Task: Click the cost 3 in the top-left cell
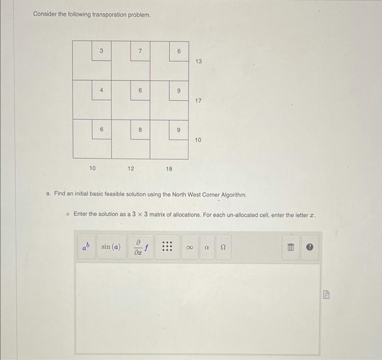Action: coord(102,51)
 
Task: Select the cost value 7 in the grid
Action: coord(140,51)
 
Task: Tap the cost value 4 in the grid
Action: coord(102,90)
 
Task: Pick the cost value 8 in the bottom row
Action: coord(140,129)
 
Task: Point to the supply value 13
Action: coord(198,62)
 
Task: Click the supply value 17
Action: coord(198,101)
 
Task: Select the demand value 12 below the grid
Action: coord(131,169)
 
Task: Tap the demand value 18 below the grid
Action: coord(169,169)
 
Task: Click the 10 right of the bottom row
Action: coord(198,140)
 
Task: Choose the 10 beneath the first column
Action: coord(92,169)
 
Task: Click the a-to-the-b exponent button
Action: coord(86,247)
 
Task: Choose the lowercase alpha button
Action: coord(207,247)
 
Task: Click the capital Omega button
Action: coord(223,247)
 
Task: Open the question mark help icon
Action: coord(309,248)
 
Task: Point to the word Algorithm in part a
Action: coord(233,195)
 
